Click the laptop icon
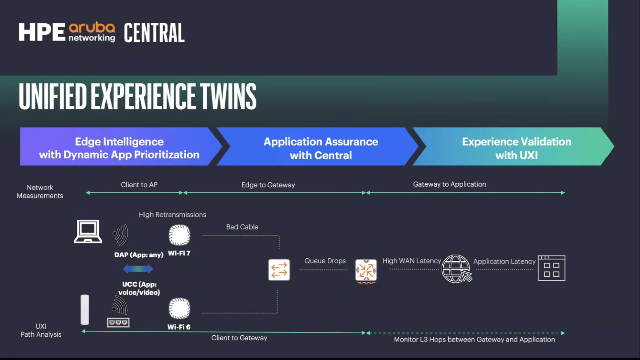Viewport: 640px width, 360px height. pyautogui.click(x=88, y=231)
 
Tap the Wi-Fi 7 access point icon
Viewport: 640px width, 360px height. pyautogui.click(x=179, y=235)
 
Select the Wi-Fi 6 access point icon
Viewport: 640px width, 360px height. pyautogui.click(x=179, y=308)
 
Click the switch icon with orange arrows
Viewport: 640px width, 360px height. pyautogui.click(x=279, y=270)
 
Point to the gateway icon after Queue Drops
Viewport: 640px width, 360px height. pyautogui.click(x=366, y=270)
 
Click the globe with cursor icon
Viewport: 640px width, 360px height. pyautogui.click(x=456, y=269)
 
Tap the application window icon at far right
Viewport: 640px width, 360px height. pyautogui.click(x=551, y=268)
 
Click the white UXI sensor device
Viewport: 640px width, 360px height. pyautogui.click(x=85, y=309)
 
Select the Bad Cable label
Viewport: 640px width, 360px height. pyautogui.click(x=242, y=227)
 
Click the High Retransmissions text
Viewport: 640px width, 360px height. pyautogui.click(x=172, y=215)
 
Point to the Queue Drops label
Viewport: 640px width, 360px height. pyautogui.click(x=325, y=261)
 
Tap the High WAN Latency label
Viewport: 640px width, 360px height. pyautogui.click(x=411, y=261)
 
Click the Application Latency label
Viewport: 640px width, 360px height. pyautogui.click(x=504, y=262)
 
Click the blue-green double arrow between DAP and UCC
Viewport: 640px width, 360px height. pyautogui.click(x=138, y=269)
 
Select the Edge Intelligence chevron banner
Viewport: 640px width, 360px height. pyautogui.click(x=119, y=148)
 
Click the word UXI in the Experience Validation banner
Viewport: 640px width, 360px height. pyautogui.click(x=528, y=155)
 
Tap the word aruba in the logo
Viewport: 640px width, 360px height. pyautogui.click(x=92, y=28)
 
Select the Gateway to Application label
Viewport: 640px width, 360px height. pyautogui.click(x=449, y=184)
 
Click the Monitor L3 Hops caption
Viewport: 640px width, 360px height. pyautogui.click(x=474, y=340)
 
